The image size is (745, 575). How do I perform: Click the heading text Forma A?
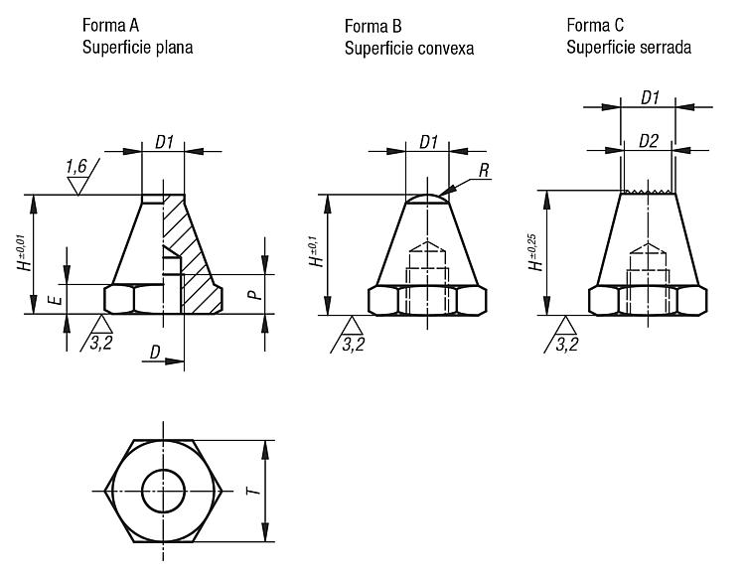pyautogui.click(x=110, y=25)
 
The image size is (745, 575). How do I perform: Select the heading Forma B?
pyautogui.click(x=372, y=26)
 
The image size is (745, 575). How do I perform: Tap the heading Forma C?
pyautogui.click(x=595, y=25)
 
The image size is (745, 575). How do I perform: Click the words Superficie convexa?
pyautogui.click(x=409, y=49)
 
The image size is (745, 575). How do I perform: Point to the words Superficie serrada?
pyautogui.click(x=629, y=47)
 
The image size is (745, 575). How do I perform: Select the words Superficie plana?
pyautogui.click(x=137, y=48)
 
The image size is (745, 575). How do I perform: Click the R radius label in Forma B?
pyautogui.click(x=484, y=171)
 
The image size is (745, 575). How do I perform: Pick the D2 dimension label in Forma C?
pyautogui.click(x=648, y=141)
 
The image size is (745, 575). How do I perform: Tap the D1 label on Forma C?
pyautogui.click(x=650, y=98)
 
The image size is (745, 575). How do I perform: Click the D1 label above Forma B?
pyautogui.click(x=428, y=142)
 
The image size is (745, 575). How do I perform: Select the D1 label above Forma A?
pyautogui.click(x=164, y=142)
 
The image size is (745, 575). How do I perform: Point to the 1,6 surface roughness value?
pyautogui.click(x=76, y=166)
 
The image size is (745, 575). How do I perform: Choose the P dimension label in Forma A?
pyautogui.click(x=255, y=295)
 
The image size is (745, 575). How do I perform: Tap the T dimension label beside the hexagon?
pyautogui.click(x=255, y=490)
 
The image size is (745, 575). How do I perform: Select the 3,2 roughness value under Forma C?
pyautogui.click(x=567, y=345)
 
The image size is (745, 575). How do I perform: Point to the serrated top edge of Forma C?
pyautogui.click(x=648, y=192)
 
